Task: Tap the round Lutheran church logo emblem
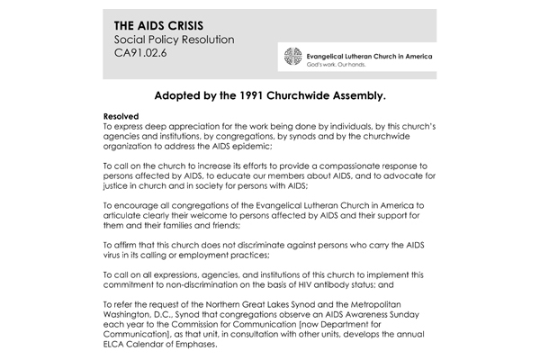point(292,58)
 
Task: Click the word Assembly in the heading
point(364,94)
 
